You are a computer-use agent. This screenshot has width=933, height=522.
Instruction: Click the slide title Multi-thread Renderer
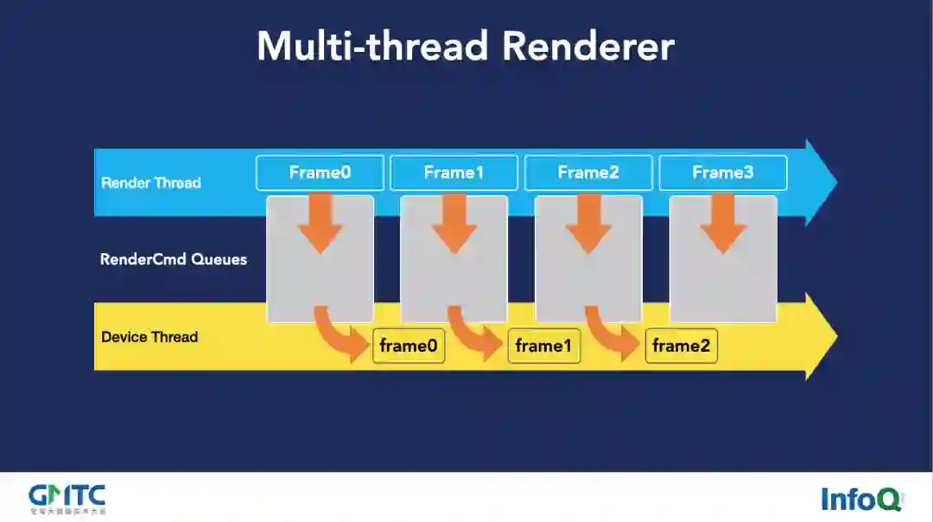pyautogui.click(x=466, y=46)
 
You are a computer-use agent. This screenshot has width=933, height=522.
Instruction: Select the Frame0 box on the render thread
pyautogui.click(x=320, y=173)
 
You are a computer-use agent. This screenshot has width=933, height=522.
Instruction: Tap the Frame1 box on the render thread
pyautogui.click(x=454, y=173)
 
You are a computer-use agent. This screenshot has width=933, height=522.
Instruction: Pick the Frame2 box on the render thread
pyautogui.click(x=588, y=173)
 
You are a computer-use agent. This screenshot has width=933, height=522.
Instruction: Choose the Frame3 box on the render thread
pyautogui.click(x=723, y=173)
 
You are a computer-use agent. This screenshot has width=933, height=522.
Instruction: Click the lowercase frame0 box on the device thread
pyautogui.click(x=409, y=347)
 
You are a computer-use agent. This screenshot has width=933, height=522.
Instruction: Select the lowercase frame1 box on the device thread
pyautogui.click(x=543, y=347)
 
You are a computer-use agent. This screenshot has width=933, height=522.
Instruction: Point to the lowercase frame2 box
pyautogui.click(x=681, y=347)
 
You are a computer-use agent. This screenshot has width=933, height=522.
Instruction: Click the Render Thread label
pyautogui.click(x=151, y=182)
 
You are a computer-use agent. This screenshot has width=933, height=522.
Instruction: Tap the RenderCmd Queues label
pyautogui.click(x=174, y=258)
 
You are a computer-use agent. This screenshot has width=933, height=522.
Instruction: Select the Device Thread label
pyautogui.click(x=149, y=337)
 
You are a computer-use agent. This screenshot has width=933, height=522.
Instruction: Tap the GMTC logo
pyautogui.click(x=67, y=498)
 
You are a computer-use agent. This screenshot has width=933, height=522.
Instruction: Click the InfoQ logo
pyautogui.click(x=860, y=499)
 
